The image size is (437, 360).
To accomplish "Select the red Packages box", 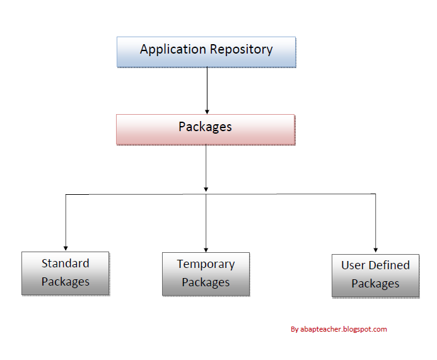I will click(206, 129).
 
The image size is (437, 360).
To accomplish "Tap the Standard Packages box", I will click(66, 273).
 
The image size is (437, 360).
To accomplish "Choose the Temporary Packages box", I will click(206, 274).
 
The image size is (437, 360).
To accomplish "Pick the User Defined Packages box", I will click(375, 275).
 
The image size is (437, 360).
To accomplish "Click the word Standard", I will click(66, 264).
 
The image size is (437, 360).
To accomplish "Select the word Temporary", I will click(206, 264).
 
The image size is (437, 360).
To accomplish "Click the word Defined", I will click(389, 265).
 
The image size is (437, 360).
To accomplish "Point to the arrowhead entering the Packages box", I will click(207, 111).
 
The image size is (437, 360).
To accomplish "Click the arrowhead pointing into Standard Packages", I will click(66, 248).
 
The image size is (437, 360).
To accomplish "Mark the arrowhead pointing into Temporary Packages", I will click(206, 249).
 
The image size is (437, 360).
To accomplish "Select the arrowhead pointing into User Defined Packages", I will click(376, 250).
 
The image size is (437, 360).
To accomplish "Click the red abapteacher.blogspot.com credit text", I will click(344, 329).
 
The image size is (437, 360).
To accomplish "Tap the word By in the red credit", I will click(294, 329).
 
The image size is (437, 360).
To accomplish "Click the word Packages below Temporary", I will click(206, 282).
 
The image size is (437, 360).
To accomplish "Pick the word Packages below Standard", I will click(66, 282).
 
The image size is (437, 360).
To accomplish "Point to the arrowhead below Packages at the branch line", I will click(206, 189).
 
